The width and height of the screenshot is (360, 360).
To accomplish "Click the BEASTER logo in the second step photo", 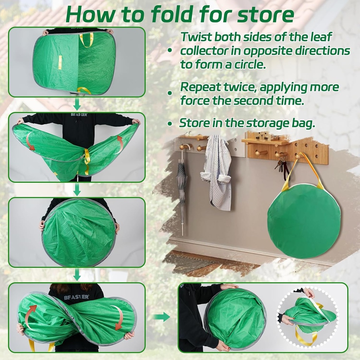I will click(78, 115).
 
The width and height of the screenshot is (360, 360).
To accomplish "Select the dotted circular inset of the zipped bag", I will click(308, 317).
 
